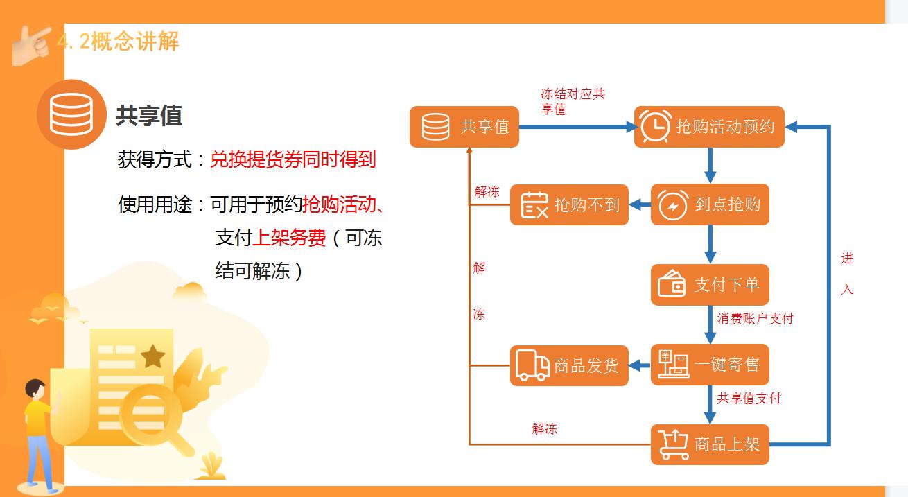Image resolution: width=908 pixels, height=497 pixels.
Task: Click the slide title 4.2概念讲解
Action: click(x=118, y=42)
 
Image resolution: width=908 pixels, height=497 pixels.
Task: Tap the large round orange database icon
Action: click(x=71, y=114)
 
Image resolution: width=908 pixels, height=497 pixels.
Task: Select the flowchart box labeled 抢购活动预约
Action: click(x=709, y=127)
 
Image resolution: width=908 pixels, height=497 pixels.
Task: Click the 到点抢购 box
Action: click(x=710, y=204)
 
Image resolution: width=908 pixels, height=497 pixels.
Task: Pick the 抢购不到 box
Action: click(x=569, y=204)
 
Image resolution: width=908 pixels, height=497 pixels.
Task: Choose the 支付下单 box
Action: click(x=710, y=284)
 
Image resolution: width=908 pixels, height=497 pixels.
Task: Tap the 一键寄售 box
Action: click(x=710, y=365)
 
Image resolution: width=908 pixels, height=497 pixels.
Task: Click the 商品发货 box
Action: click(x=569, y=365)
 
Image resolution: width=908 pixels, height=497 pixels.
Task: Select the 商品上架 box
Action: click(x=710, y=444)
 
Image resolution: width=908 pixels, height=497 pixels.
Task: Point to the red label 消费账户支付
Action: click(x=755, y=319)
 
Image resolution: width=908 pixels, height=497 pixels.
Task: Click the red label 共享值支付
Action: click(x=749, y=399)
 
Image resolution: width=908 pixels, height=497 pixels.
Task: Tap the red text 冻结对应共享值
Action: click(x=573, y=101)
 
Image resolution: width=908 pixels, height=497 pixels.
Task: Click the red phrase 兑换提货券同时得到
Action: click(x=293, y=160)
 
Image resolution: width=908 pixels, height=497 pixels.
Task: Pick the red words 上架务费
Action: click(x=289, y=238)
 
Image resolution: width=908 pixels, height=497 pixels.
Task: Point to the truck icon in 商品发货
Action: click(x=532, y=365)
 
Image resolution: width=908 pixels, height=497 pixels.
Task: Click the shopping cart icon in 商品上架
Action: click(x=674, y=444)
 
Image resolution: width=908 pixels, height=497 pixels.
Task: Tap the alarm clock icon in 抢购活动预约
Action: click(x=654, y=126)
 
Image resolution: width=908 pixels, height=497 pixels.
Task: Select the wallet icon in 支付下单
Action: click(x=672, y=285)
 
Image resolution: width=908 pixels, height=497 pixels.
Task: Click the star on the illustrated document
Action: click(x=152, y=357)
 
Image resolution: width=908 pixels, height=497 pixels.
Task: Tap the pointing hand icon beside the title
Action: click(x=32, y=43)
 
